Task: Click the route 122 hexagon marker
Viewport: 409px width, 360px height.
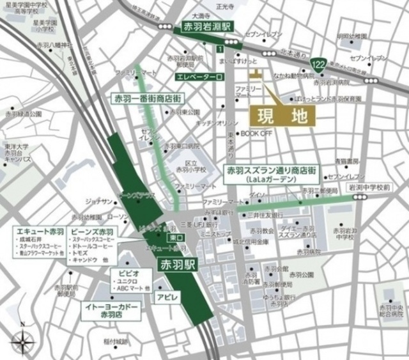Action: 318,65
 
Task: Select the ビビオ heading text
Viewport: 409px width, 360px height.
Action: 125,273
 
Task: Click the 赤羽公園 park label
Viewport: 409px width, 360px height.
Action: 300,275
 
